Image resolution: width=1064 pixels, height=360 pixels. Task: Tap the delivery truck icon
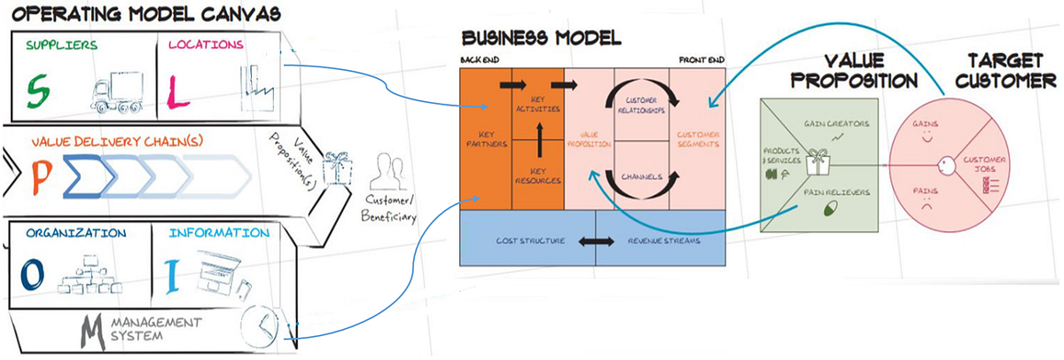[118, 91]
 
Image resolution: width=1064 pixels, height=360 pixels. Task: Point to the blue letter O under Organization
[33, 274]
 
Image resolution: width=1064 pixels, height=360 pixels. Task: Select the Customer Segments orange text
[697, 139]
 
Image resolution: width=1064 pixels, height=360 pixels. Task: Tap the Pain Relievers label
[832, 192]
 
